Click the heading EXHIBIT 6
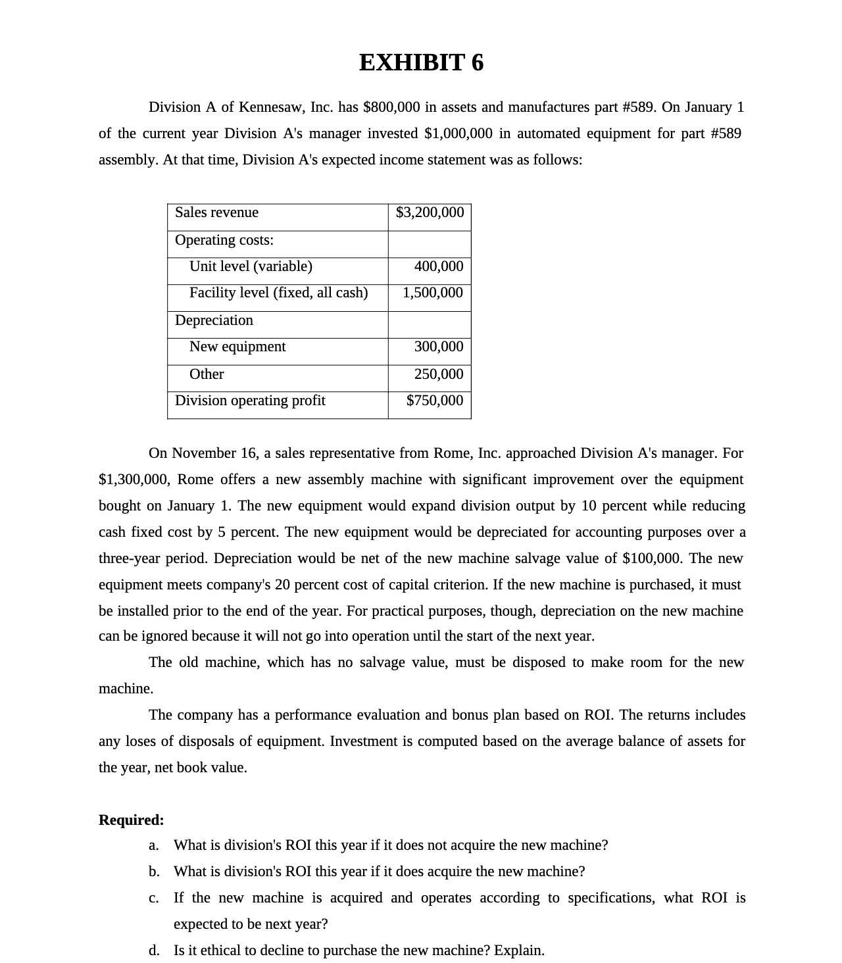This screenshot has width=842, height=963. coord(421,62)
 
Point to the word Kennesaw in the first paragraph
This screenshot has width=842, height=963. coord(270,107)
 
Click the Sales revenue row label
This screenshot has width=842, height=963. coord(216,212)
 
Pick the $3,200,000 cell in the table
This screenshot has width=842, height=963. coord(430,212)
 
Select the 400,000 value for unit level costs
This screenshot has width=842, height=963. coord(438,266)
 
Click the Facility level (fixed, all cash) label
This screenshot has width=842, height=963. coord(278,293)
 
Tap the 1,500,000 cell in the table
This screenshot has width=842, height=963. coord(432,293)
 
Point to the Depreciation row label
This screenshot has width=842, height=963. coord(214,320)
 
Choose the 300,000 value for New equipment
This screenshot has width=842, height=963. coord(438,347)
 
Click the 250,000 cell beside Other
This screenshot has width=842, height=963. coord(438,374)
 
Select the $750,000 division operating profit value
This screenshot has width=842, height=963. coord(434,401)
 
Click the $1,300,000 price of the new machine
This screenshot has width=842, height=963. coord(134,480)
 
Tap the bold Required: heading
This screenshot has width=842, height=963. coord(132,820)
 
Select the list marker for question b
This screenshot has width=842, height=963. coord(154,872)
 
